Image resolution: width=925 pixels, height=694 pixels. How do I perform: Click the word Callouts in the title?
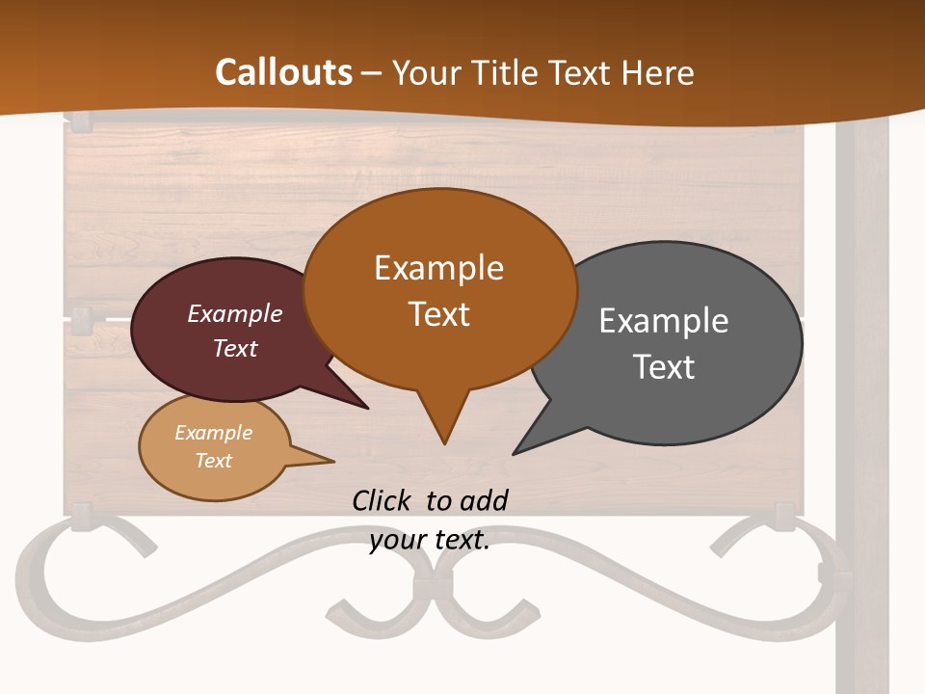pos(283,72)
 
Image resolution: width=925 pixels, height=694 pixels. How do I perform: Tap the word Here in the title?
pos(658,72)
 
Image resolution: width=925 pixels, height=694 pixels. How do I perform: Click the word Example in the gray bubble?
pos(663,321)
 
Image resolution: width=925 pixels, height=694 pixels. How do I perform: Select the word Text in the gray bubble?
pos(664,367)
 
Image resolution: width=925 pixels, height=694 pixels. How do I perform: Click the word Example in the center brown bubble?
pos(438,268)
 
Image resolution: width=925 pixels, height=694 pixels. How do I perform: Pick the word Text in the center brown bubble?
pos(439,314)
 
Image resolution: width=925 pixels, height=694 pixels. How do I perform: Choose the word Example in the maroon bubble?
pos(235,313)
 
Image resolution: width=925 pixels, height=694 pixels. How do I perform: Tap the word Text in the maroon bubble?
pos(235,348)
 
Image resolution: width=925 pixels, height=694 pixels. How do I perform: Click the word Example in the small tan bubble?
pos(213,433)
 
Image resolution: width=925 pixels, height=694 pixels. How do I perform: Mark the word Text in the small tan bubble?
pos(213,461)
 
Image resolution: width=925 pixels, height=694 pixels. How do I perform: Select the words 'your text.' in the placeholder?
pos(429,541)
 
